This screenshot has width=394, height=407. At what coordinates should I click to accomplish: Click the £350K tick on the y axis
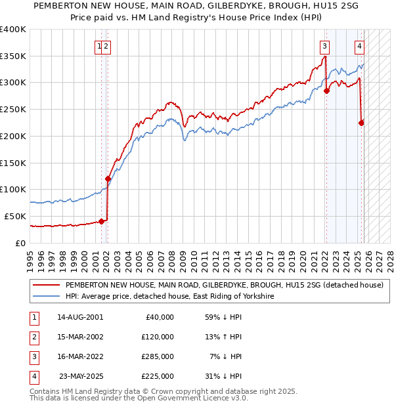tap(13, 56)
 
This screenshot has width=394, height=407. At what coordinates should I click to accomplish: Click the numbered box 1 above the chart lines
tap(99, 46)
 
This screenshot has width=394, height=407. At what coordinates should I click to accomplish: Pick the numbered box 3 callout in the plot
tap(324, 46)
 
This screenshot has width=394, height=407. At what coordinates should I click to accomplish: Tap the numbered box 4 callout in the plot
tap(360, 46)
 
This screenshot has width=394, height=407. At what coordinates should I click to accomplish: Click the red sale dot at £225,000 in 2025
tap(361, 122)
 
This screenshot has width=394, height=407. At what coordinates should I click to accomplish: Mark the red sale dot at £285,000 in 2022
tap(326, 91)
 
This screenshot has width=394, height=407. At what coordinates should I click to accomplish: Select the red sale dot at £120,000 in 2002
tap(108, 178)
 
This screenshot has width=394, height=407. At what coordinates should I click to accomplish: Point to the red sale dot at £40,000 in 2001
tap(101, 221)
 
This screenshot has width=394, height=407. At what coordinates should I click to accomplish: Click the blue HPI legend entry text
tap(169, 297)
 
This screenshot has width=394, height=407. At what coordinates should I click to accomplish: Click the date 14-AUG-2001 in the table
tap(80, 317)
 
